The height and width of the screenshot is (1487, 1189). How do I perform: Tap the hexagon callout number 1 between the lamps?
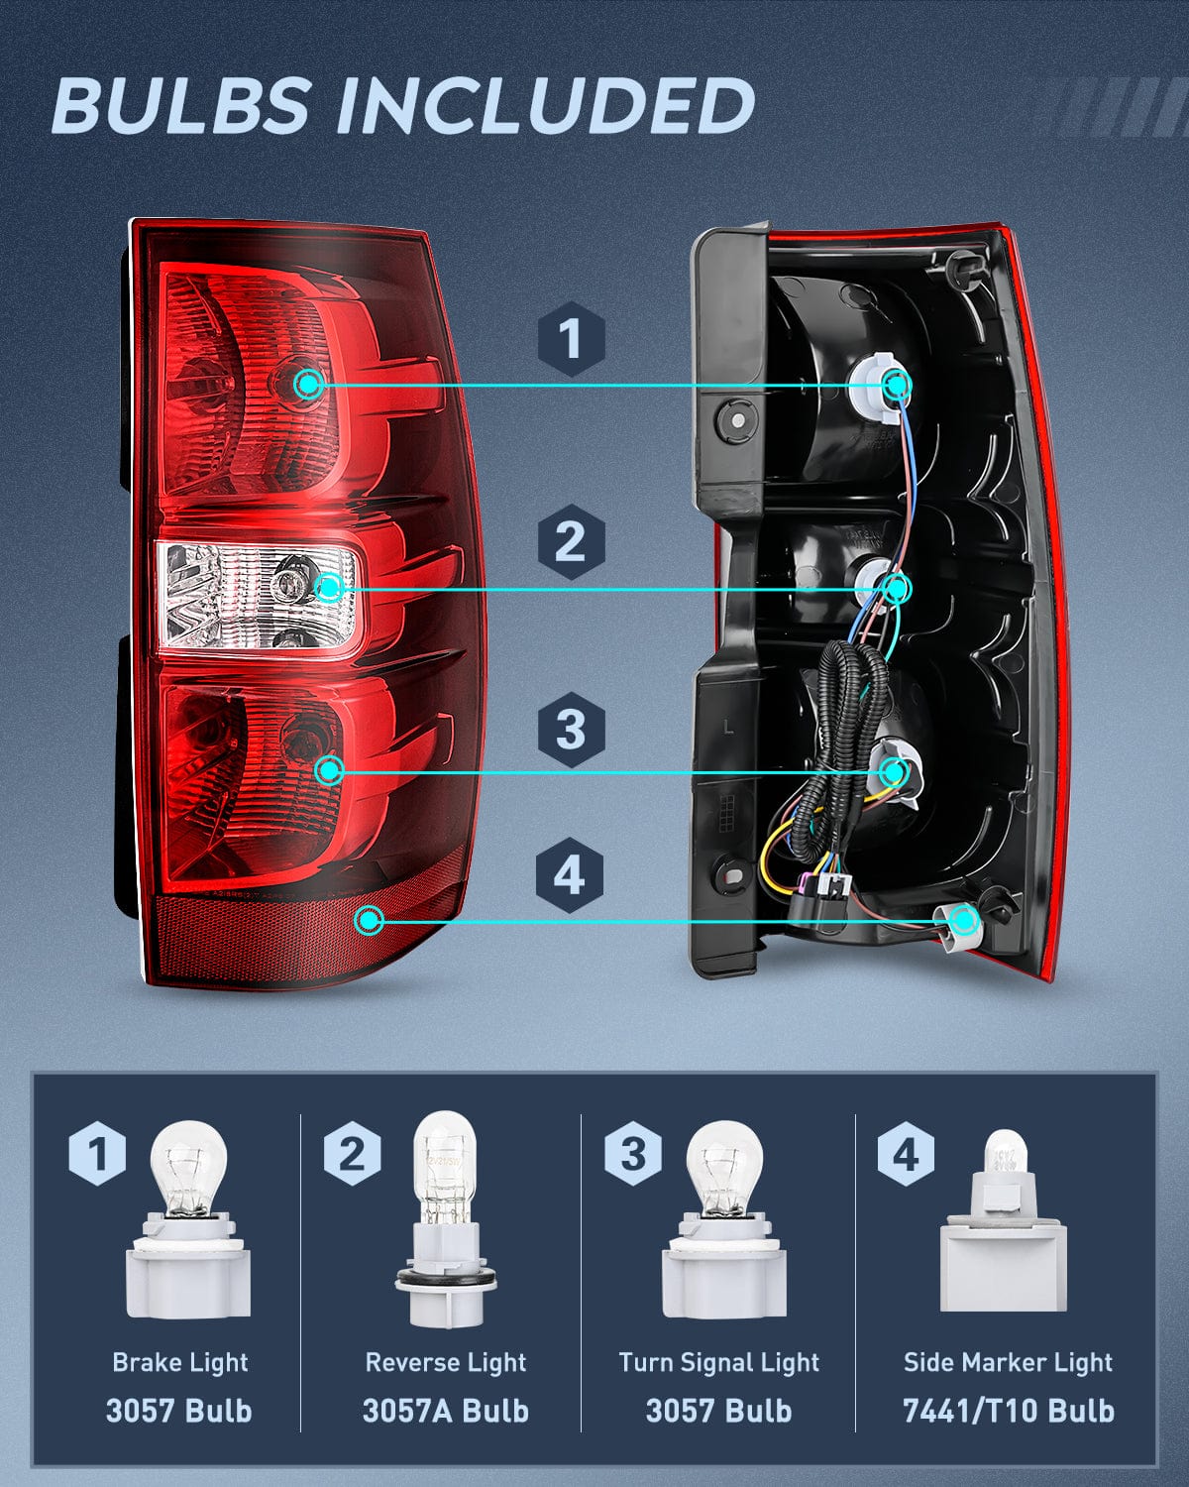[x=571, y=339]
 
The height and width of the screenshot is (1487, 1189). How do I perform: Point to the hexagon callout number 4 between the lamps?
[x=569, y=876]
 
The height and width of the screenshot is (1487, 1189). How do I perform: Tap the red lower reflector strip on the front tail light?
[x=297, y=932]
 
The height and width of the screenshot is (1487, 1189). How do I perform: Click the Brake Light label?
[x=179, y=1362]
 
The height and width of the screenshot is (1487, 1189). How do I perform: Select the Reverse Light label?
[x=445, y=1362]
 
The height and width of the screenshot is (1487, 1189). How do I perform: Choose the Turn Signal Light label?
[x=718, y=1362]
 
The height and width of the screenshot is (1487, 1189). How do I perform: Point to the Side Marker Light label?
[x=1008, y=1362]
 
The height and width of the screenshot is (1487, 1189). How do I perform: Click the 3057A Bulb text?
[x=445, y=1410]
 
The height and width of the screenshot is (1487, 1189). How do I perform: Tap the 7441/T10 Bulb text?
[x=1008, y=1410]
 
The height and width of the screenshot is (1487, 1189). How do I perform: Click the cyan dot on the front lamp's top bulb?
[x=309, y=384]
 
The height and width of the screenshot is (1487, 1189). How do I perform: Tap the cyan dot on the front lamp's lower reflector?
[x=370, y=920]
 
